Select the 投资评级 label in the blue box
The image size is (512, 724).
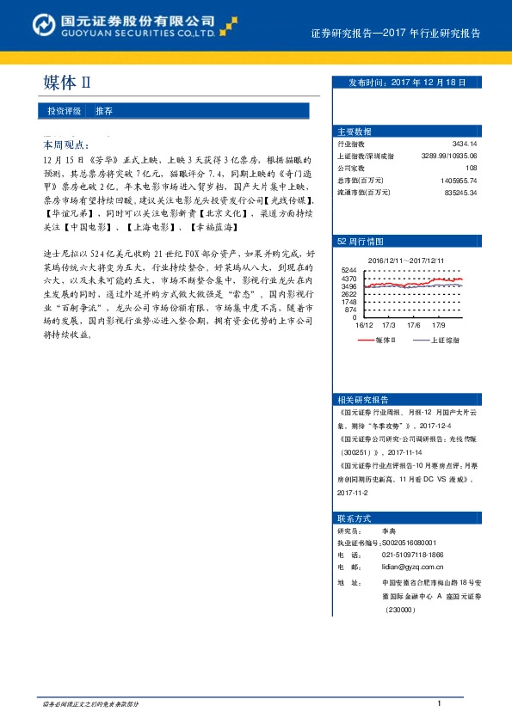pos(65,112)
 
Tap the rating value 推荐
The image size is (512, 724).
pos(103,112)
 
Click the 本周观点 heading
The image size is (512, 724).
pos(65,146)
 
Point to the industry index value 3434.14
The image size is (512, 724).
pos(464,144)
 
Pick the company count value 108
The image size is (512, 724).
pos(471,169)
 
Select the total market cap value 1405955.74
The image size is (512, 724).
pos(458,181)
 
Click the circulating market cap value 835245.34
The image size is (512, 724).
pos(460,193)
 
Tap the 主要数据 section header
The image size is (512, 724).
pos(355,132)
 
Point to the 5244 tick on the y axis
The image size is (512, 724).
pos(349,270)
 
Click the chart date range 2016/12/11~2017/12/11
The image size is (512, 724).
pos(406,260)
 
